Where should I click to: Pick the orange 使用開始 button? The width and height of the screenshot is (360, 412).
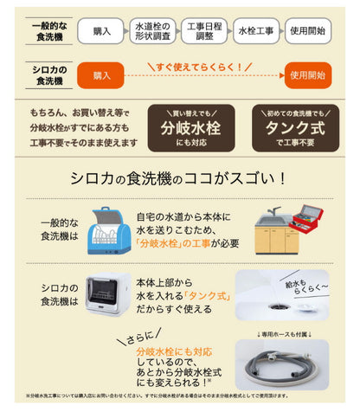pos(309,76)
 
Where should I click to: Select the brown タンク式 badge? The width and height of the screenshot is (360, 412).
pos(292,129)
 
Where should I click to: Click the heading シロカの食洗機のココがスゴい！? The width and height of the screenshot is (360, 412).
pos(180,178)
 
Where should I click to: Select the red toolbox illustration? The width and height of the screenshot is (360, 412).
pos(309,221)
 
